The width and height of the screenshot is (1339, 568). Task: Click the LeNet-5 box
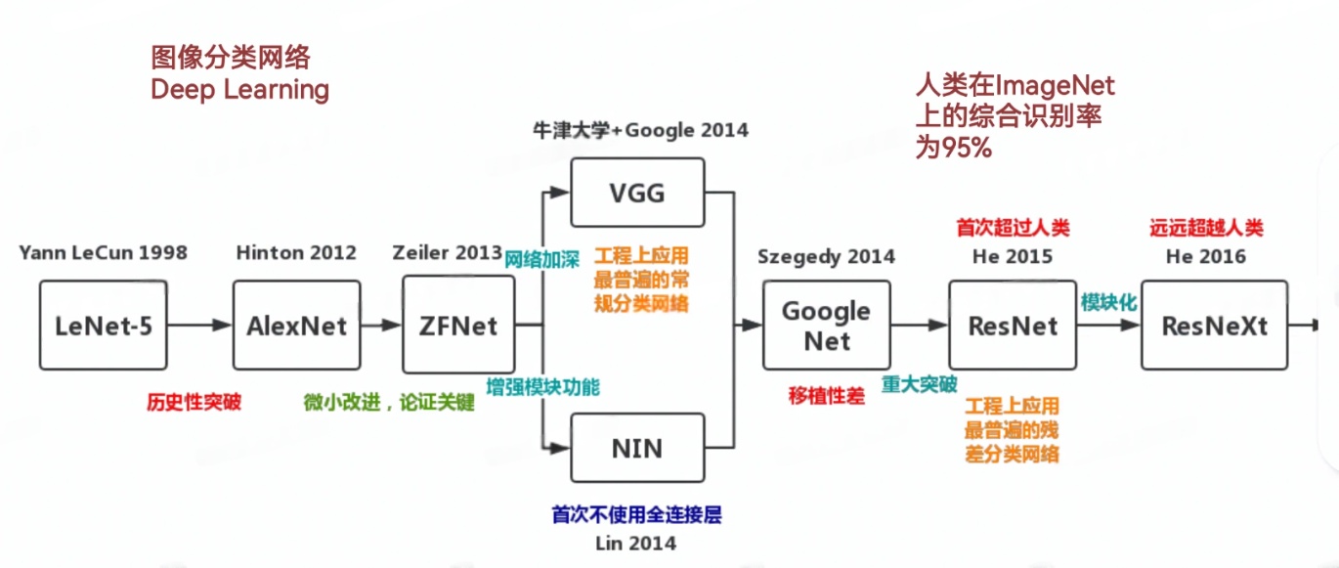[104, 326]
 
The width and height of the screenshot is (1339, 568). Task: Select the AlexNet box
[296, 326]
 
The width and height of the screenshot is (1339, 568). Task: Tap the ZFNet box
[457, 325]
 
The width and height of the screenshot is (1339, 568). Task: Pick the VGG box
[636, 193]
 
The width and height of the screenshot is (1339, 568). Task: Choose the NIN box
[636, 448]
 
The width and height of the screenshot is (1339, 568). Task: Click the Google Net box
[826, 326]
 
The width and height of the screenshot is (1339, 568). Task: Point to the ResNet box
[1013, 326]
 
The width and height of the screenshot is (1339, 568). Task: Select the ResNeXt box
[1214, 326]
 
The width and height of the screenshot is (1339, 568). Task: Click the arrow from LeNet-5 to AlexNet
[200, 326]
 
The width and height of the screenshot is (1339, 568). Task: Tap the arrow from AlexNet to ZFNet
[381, 326]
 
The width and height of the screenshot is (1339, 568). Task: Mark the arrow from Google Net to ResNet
[919, 326]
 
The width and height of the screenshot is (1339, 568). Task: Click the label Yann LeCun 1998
[103, 253]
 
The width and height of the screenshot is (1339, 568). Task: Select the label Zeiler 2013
[447, 253]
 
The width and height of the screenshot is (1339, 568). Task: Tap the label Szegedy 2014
[826, 257]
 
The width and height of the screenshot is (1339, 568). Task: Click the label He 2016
[1205, 256]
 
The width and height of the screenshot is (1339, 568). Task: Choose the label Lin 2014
[636, 542]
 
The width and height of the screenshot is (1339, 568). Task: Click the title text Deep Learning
[239, 90]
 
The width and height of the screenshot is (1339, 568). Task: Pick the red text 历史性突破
[194, 402]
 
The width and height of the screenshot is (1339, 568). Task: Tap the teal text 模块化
[1108, 303]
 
